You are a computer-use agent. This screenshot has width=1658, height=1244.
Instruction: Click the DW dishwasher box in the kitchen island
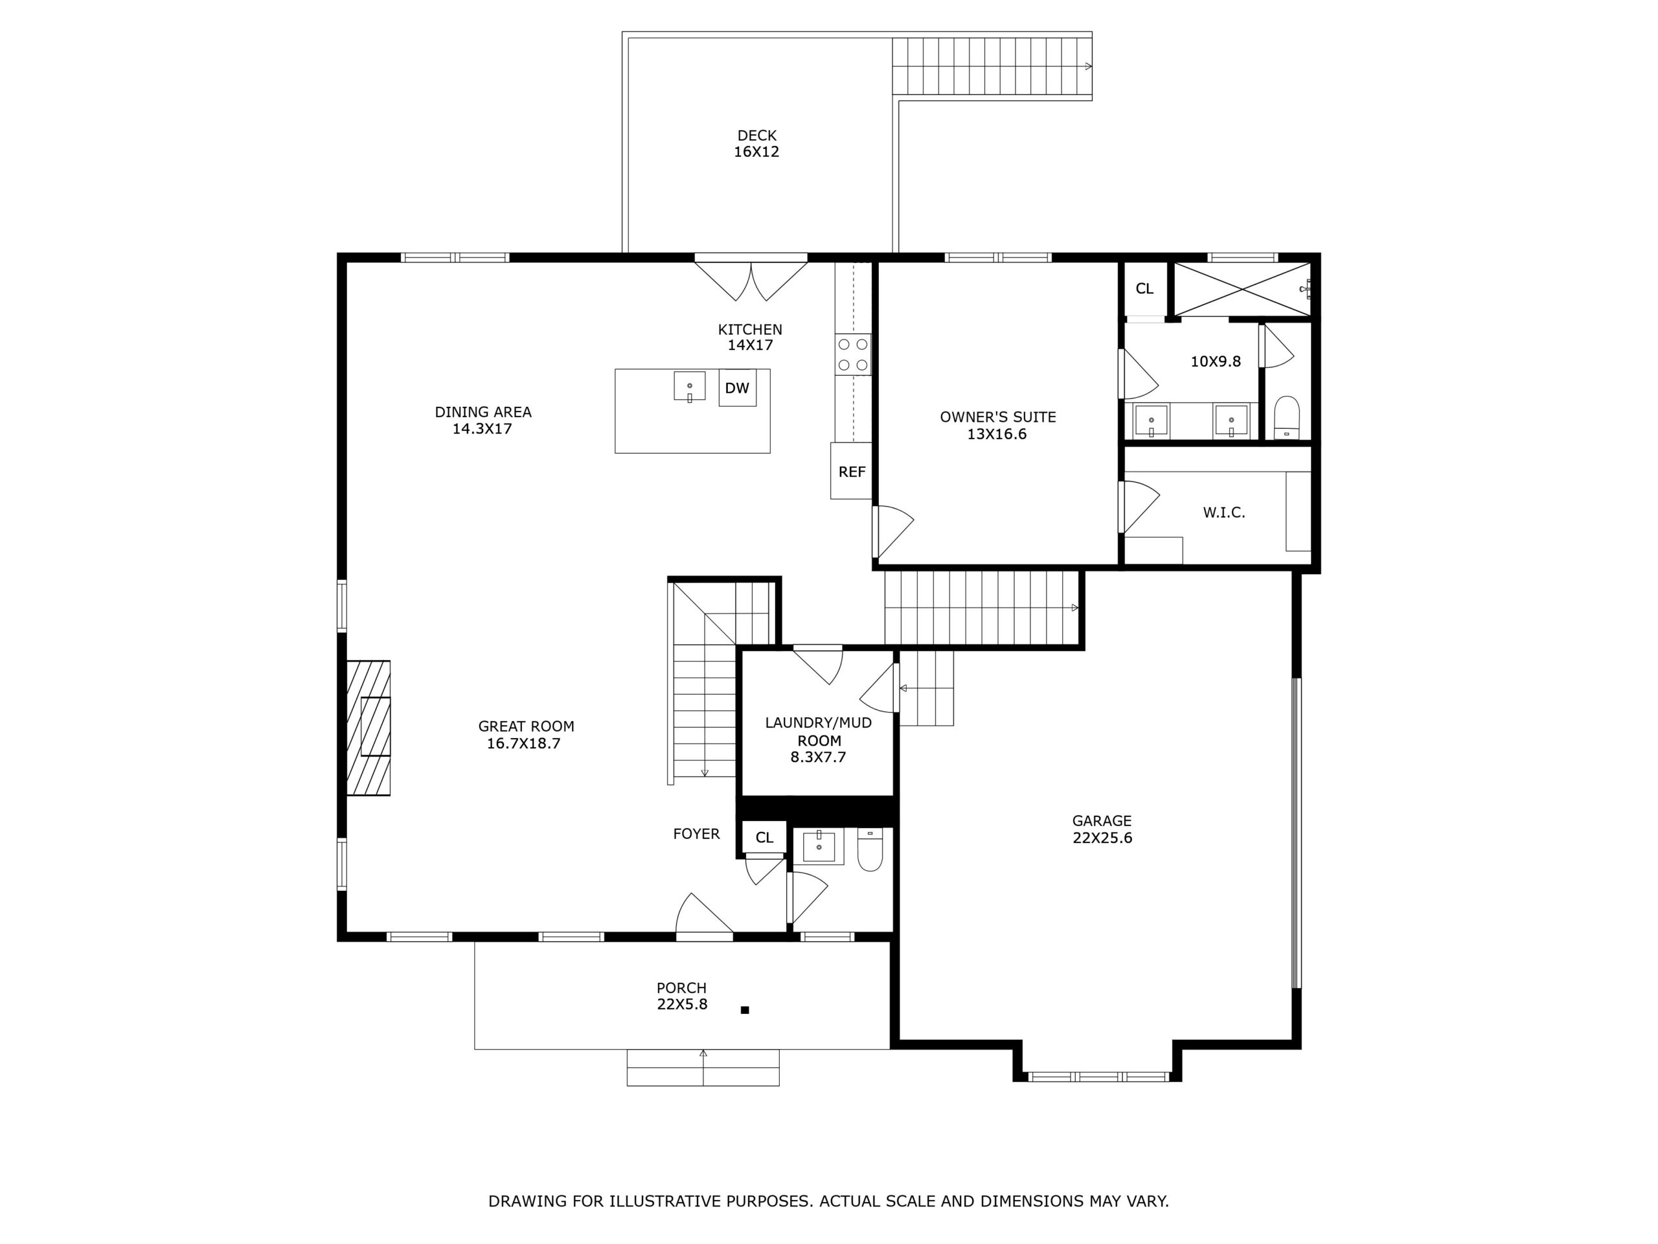click(737, 387)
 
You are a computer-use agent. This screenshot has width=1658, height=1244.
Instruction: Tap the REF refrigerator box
click(852, 472)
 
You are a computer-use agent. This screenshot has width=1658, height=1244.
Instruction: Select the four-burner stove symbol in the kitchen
click(853, 354)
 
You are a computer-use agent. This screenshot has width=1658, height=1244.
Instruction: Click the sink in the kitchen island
click(689, 387)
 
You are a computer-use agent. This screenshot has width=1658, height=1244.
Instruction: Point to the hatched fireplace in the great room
click(368, 728)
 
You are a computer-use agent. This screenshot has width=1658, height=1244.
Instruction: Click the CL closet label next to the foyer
click(764, 838)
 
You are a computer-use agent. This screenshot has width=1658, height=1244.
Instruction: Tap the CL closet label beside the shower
click(1144, 289)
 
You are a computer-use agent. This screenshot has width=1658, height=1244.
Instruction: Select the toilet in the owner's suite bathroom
click(1286, 418)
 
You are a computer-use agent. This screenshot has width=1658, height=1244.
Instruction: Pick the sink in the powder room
click(819, 847)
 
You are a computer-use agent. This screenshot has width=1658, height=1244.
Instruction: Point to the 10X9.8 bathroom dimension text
click(1215, 362)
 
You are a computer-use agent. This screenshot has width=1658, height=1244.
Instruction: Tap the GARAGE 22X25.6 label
click(1102, 829)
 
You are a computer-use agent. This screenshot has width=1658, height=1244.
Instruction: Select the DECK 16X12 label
click(756, 143)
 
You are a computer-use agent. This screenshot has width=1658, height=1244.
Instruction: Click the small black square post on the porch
click(744, 1010)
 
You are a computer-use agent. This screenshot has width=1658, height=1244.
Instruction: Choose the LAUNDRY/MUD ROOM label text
click(818, 731)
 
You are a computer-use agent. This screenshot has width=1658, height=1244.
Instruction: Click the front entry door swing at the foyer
click(703, 916)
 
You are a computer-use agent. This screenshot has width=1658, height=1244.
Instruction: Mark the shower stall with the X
click(1242, 289)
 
